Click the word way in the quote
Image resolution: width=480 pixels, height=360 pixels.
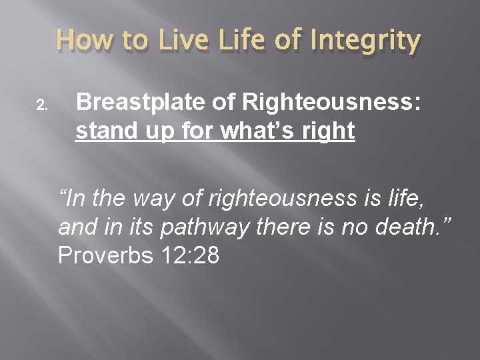coord(150,197)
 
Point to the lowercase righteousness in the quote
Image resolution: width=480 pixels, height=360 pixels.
coord(269,198)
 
